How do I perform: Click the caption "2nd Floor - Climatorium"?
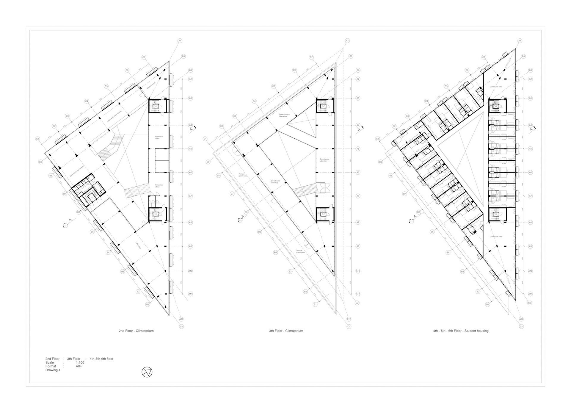tap(136, 331)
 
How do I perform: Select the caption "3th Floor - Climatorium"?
tap(286, 331)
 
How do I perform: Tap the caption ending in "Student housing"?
tap(461, 331)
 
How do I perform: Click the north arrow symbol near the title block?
tap(147, 372)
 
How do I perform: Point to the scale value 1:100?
tap(80, 362)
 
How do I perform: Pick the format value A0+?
tap(79, 366)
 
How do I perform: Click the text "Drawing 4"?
tap(53, 370)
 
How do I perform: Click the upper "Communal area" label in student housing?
tap(496, 87)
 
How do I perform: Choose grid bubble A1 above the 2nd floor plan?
tap(180, 40)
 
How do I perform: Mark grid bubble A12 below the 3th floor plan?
tap(349, 319)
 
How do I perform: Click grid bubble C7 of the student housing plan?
tap(484, 57)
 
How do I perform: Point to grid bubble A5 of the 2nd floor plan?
tap(190, 149)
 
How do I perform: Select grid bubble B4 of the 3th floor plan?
tap(275, 252)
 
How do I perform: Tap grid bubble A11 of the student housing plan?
tap(530, 294)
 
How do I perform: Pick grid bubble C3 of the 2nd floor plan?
tap(67, 116)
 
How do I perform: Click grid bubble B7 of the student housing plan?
tap(404, 194)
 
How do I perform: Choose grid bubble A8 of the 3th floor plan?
tap(358, 222)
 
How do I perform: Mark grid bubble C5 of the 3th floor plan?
tap(274, 86)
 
